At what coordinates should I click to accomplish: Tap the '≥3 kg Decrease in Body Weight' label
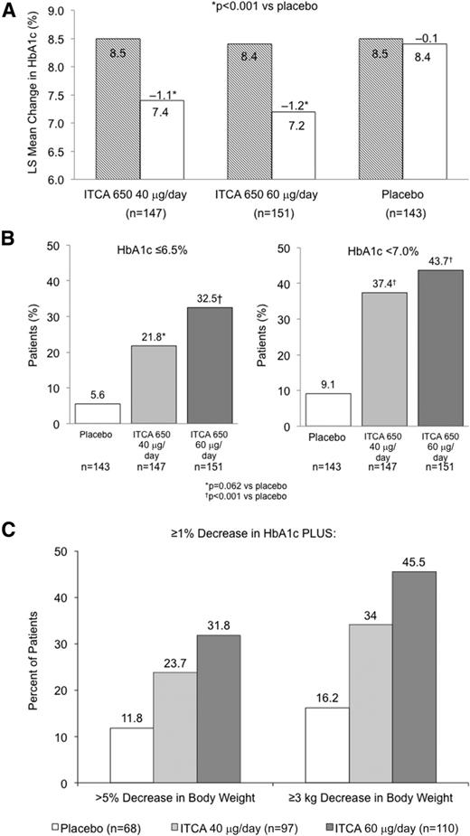point(371,799)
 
